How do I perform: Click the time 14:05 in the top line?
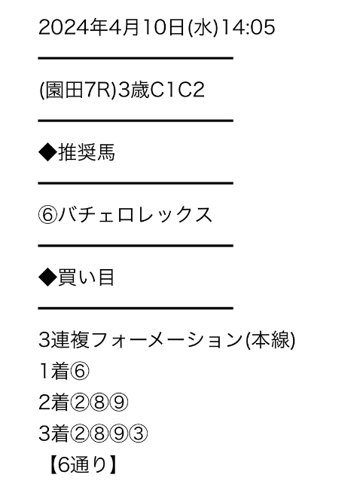[x=249, y=27]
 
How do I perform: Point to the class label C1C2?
[x=177, y=90]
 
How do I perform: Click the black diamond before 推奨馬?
[x=47, y=152]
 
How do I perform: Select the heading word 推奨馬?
[x=87, y=152]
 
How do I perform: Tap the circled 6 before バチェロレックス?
[x=47, y=215]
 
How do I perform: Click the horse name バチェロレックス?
[x=136, y=215]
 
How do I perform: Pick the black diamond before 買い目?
[x=47, y=277]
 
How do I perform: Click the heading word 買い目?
[x=86, y=277]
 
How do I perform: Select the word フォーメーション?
[x=167, y=340]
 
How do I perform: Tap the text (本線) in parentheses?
[x=270, y=340]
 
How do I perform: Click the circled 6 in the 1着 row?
[x=80, y=371]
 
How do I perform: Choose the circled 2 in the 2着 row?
[x=80, y=403]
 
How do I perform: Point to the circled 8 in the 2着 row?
[x=99, y=403]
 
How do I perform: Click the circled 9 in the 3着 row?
[x=118, y=434]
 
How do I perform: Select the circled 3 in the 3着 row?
[x=138, y=434]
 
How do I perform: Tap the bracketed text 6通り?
[x=83, y=465]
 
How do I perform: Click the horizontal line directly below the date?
[x=136, y=58]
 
